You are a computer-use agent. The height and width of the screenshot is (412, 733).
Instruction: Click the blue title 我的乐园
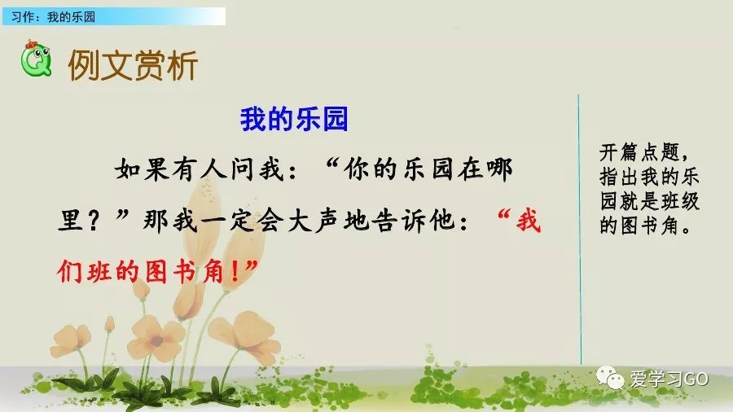pos(294,120)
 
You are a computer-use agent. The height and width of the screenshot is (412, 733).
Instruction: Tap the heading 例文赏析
pos(133,66)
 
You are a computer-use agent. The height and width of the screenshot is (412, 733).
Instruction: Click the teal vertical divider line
pos(580,228)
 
